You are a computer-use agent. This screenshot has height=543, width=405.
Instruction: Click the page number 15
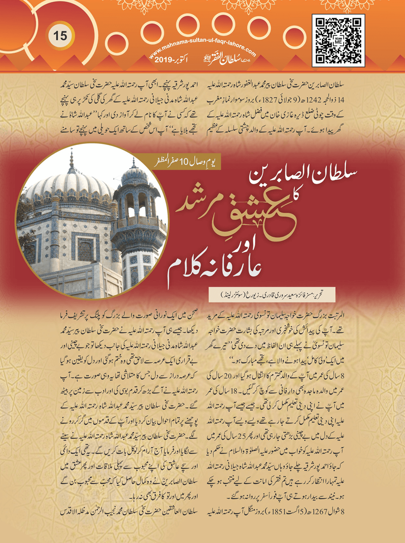coord(60,36)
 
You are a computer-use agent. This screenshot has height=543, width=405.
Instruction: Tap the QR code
coord(338,41)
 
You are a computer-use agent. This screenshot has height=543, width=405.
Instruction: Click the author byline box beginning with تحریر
coord(272,294)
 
